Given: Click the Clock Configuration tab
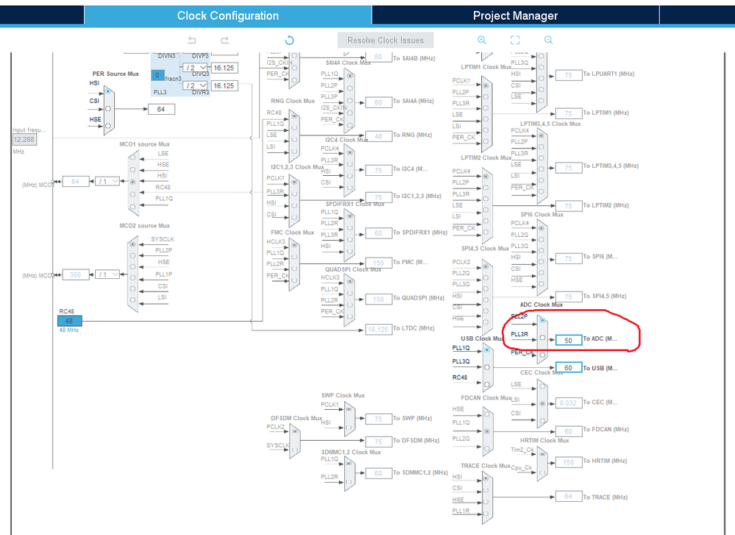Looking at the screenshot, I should [228, 15].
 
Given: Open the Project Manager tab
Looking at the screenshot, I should [515, 15].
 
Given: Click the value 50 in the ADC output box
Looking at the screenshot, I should [569, 340].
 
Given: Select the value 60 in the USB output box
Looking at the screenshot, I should [569, 367].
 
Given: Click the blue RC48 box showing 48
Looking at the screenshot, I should [70, 320].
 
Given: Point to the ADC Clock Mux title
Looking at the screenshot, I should [541, 305].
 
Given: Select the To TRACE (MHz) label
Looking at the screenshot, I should [606, 497].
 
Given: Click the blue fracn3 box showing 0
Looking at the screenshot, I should [157, 75].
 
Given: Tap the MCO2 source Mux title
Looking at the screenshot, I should [144, 226].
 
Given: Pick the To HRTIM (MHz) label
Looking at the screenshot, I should [606, 461].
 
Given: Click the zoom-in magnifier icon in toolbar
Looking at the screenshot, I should [482, 40].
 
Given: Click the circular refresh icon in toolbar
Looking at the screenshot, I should [289, 40].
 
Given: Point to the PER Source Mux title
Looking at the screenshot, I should [116, 74].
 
